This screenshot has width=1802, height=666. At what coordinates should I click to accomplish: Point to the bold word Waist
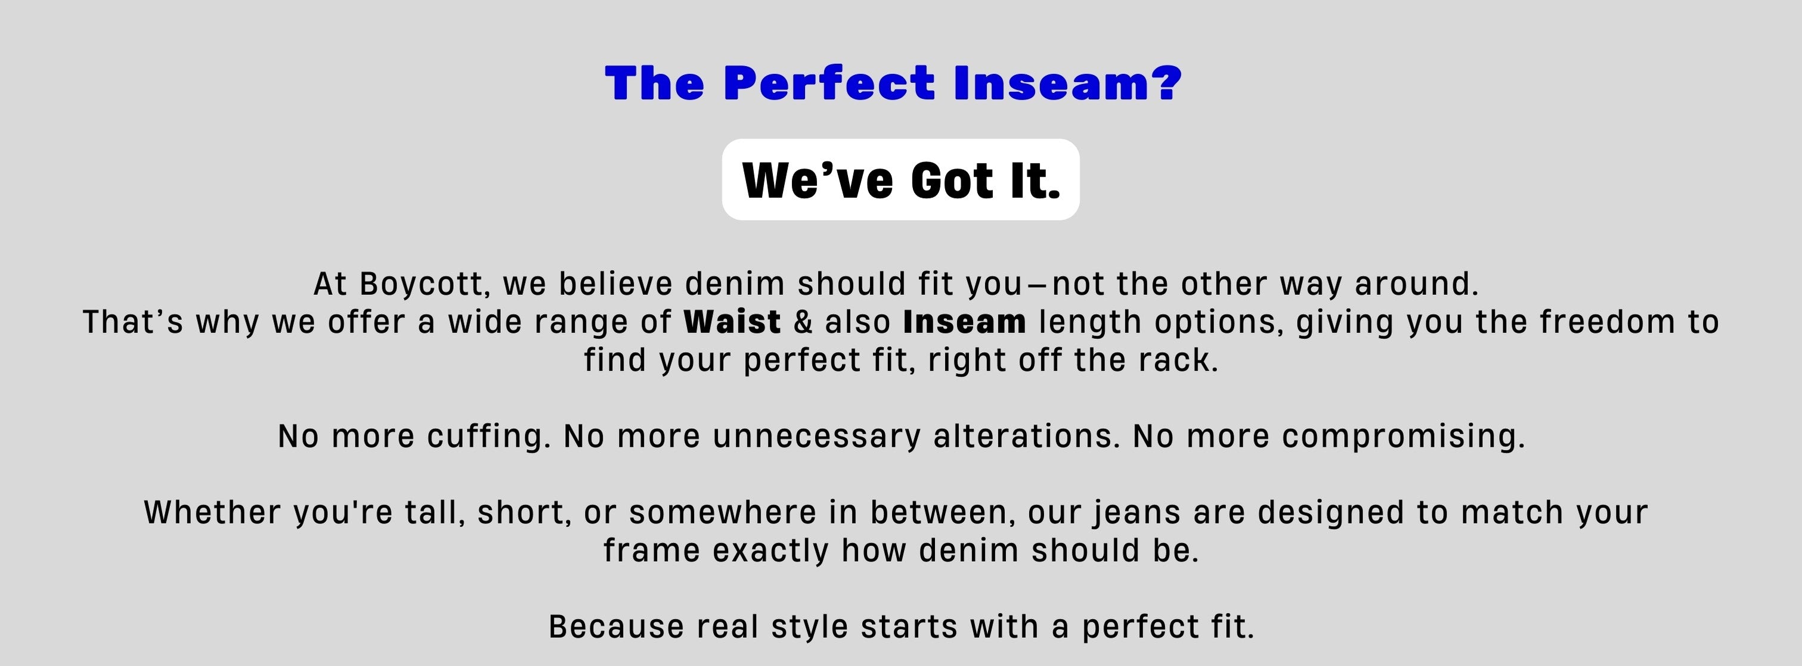(x=732, y=322)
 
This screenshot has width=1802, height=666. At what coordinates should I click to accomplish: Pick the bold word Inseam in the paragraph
(x=965, y=322)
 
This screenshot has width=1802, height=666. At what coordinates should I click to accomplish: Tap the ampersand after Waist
(x=804, y=322)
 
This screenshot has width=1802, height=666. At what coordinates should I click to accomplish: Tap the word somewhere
(x=723, y=512)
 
